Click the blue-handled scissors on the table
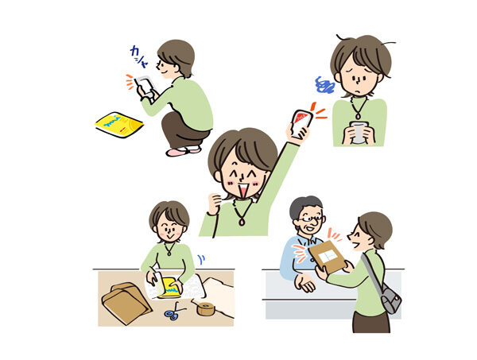point(173,314)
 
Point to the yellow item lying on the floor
point(118,123)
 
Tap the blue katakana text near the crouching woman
point(140,55)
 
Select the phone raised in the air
point(300,122)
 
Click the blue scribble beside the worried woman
point(324,84)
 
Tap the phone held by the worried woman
point(360,132)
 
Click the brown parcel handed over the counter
point(328,255)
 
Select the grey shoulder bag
point(390,300)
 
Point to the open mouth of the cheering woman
point(242,192)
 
